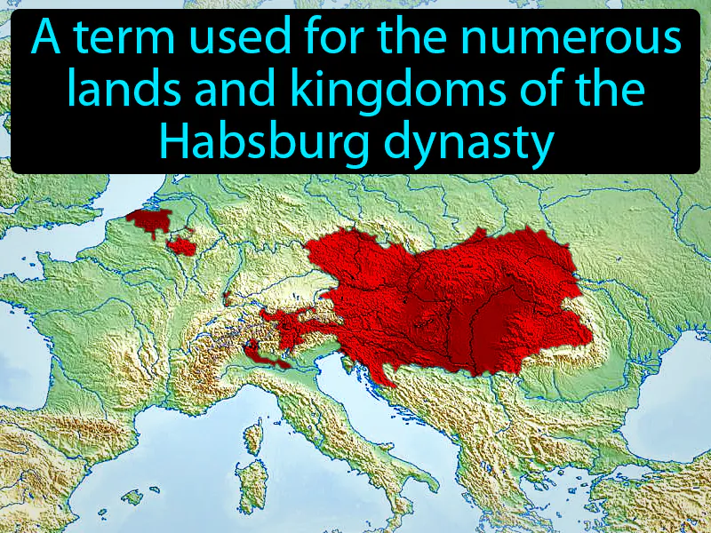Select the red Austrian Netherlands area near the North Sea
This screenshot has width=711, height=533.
(x=149, y=222)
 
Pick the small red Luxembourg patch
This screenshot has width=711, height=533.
(x=182, y=244)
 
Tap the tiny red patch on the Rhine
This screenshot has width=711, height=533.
(x=228, y=297)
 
